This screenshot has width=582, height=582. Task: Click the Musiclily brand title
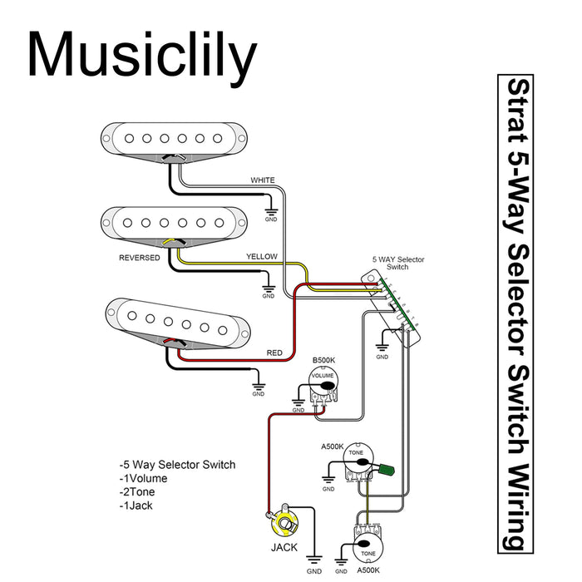[141, 57]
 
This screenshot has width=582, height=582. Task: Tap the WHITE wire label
[263, 180]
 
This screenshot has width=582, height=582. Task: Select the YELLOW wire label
[261, 257]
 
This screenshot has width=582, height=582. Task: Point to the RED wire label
[274, 353]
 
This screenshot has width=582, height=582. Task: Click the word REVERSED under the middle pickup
[140, 259]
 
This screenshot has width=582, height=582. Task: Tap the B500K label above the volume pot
[323, 360]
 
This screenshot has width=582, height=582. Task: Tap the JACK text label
[284, 548]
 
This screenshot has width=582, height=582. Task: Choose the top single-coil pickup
[175, 138]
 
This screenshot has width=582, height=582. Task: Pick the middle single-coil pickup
[175, 222]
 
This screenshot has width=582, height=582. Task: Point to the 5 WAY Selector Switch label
[397, 264]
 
